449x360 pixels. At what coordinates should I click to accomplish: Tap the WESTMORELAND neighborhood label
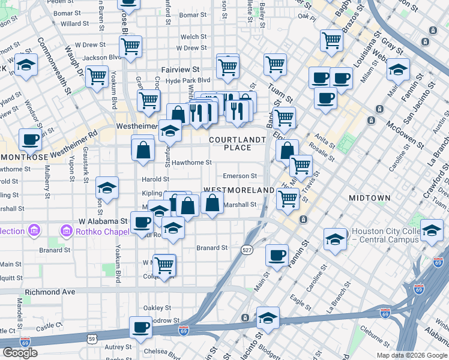pyautogui.click(x=238, y=190)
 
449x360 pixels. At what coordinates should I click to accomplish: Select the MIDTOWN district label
pyautogui.click(x=370, y=197)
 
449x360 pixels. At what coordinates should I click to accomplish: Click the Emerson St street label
pyautogui.click(x=240, y=176)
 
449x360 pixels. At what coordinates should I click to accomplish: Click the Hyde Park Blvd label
pyautogui.click(x=188, y=80)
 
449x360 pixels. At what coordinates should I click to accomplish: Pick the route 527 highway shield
pyautogui.click(x=246, y=250)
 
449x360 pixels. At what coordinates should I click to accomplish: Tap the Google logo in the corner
pyautogui.click(x=20, y=353)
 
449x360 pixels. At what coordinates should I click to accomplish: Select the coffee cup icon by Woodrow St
pyautogui.click(x=142, y=328)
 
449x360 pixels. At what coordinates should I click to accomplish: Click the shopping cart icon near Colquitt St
pyautogui.click(x=163, y=264)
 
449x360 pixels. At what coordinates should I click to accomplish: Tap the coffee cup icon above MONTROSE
pyautogui.click(x=30, y=140)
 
